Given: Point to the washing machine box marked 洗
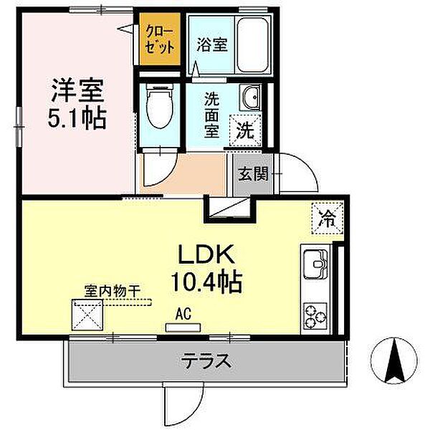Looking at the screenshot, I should [x=245, y=132].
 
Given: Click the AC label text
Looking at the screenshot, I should [x=184, y=313].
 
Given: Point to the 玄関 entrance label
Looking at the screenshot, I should [x=252, y=173].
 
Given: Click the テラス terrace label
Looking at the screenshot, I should [x=206, y=360].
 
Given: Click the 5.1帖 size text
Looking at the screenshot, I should [x=77, y=118].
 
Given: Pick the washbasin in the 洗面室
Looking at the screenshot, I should [x=249, y=99].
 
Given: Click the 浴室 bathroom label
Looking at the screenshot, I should [x=211, y=44].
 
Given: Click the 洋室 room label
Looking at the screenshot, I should [x=77, y=92].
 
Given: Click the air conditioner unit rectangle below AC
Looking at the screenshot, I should [x=184, y=328].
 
